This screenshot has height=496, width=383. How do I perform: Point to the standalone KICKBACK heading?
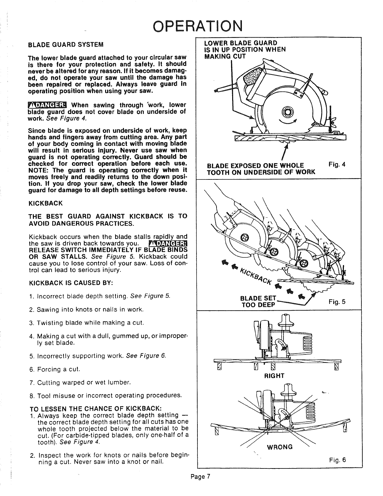(45, 204)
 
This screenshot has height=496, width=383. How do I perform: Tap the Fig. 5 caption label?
(337, 302)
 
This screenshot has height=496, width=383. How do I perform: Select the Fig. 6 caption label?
(338, 460)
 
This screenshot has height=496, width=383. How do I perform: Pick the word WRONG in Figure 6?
(279, 447)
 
